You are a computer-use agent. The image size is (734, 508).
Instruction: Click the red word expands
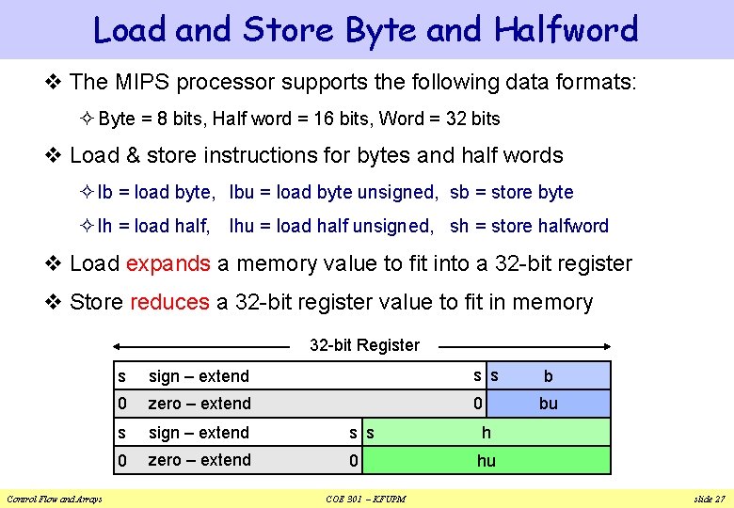(168, 263)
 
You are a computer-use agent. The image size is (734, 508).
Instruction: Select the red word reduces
(169, 302)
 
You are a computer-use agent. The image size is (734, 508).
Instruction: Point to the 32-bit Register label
(364, 345)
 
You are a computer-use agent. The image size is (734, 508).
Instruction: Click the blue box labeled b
(549, 375)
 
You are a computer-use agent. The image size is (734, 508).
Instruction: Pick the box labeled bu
(549, 403)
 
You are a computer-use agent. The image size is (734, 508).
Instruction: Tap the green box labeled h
(486, 432)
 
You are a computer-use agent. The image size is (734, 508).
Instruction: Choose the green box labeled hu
(486, 460)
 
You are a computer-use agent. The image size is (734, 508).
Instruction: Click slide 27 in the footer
(708, 498)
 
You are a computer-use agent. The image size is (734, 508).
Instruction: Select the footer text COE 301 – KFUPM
(365, 498)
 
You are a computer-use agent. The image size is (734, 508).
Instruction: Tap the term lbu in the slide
(242, 192)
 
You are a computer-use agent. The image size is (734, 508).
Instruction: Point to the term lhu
(242, 226)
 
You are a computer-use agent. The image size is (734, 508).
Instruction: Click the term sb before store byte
(459, 192)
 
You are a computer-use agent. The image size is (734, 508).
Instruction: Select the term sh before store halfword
(459, 226)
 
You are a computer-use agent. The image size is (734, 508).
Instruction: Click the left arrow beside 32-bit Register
(207, 345)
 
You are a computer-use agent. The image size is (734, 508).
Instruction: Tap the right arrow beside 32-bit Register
(522, 345)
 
